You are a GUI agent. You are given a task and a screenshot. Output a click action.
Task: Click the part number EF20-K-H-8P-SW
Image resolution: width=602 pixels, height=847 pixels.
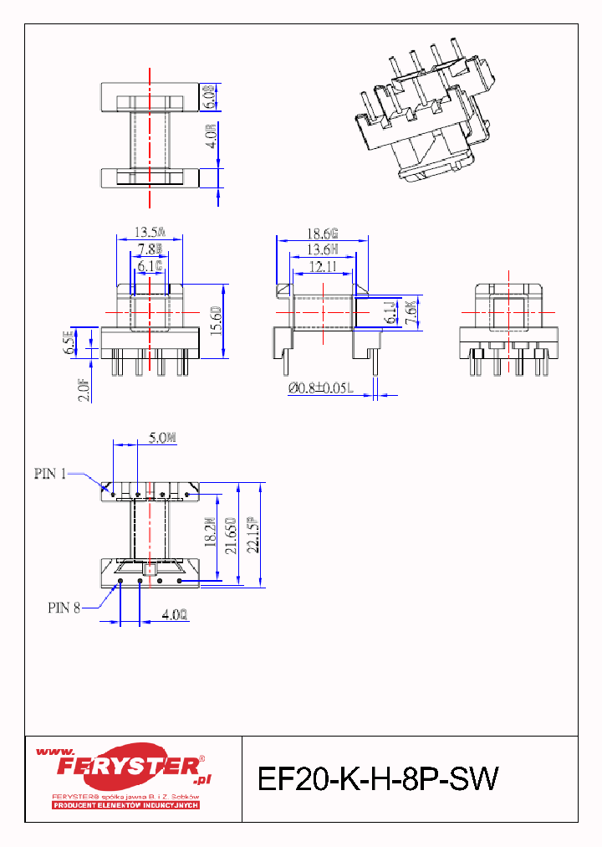378,779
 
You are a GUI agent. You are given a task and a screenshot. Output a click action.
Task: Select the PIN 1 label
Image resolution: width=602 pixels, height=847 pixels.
50,474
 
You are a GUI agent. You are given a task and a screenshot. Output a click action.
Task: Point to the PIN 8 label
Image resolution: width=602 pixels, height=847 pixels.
64,608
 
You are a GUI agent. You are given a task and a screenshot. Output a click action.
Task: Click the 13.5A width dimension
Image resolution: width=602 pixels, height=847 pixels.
150,232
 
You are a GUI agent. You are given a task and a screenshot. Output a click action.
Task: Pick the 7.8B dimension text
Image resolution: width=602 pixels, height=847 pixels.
150,249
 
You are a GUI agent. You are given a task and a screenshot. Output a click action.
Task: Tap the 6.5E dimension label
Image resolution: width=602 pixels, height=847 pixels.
69,343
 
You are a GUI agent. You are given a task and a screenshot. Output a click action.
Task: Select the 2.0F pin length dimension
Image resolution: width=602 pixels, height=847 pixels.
84,389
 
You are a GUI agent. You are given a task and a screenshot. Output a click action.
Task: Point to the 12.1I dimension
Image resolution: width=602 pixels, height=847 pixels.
320,266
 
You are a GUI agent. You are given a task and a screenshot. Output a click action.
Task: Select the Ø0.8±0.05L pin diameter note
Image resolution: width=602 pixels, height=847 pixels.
321,388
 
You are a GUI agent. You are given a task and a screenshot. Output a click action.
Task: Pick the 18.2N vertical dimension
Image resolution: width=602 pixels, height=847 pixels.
208,533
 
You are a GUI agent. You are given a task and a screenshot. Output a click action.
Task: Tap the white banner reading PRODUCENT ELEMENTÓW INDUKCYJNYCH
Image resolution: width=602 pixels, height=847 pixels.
125,805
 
